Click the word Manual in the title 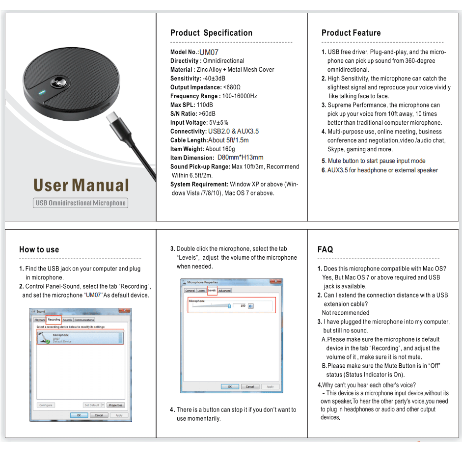pos(100,185)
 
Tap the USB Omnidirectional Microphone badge pos(81,203)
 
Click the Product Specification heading pos(211,33)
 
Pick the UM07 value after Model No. pos(209,52)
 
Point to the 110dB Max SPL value pos(205,105)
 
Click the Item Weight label pos(187,149)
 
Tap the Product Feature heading pos(351,33)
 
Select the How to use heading pos(39,249)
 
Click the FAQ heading pos(325,249)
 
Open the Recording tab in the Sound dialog pos(54,320)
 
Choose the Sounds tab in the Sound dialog pos(67,320)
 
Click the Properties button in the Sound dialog pos(115,405)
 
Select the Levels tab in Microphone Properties pos(212,290)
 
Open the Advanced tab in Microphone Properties pos(224,291)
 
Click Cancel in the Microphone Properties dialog pos(249,386)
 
